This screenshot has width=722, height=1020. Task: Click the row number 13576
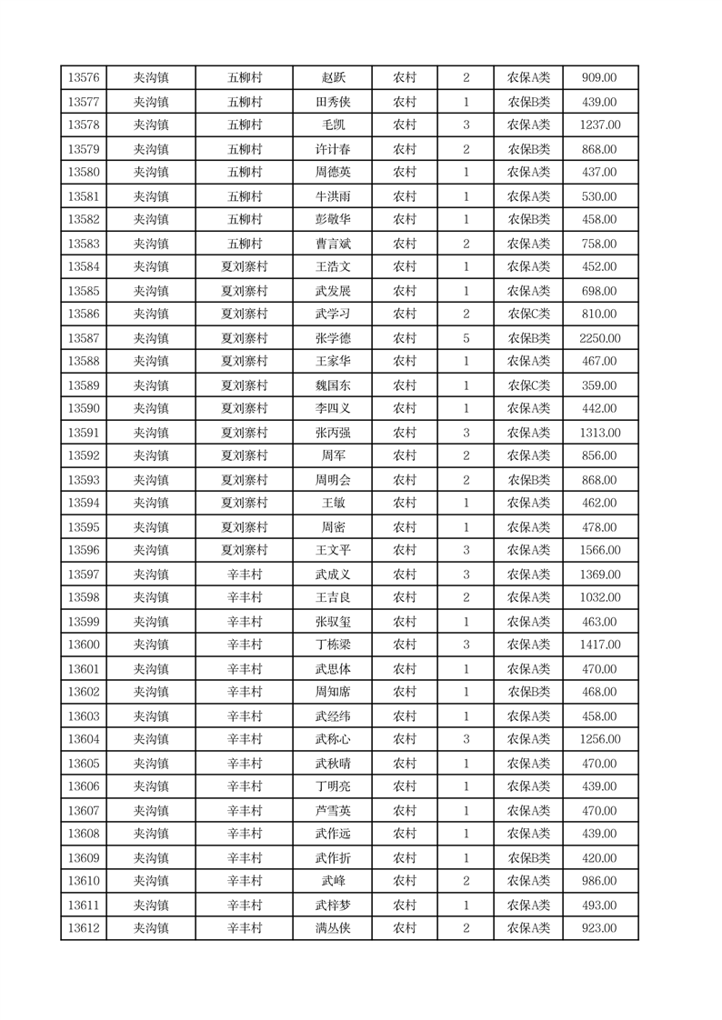pos(84,78)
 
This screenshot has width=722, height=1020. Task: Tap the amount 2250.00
pos(599,338)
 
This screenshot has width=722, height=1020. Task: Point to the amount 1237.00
pos(599,125)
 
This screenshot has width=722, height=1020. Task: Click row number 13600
pos(84,645)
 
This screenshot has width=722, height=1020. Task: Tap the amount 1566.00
pos(599,551)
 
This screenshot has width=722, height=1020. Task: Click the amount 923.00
pos(599,928)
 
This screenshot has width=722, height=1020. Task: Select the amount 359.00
pos(599,385)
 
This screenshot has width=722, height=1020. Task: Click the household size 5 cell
pos(466,338)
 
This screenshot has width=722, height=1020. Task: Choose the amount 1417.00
pos(599,645)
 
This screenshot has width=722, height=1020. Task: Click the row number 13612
pos(84,928)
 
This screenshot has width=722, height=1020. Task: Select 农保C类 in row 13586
pos(528,315)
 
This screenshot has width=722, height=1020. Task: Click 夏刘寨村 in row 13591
pos(245,433)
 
